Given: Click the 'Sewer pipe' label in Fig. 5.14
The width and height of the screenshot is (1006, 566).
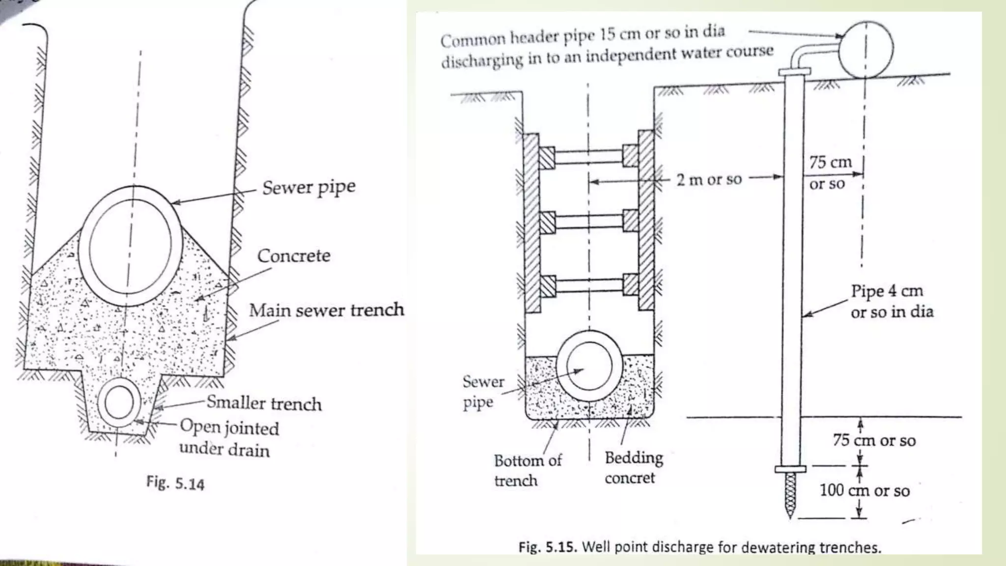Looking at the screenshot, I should click(308, 188).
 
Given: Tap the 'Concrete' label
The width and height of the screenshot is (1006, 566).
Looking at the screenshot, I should click(294, 256).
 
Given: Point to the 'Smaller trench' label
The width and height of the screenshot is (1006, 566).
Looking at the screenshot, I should click(264, 403).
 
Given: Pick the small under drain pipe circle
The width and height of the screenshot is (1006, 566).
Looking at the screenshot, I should click(118, 402).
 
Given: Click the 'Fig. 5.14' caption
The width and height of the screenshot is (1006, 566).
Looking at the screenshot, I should click(175, 483).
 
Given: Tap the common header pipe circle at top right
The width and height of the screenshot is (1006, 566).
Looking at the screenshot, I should click(866, 50).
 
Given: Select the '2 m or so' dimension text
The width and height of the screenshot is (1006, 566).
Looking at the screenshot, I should click(709, 180).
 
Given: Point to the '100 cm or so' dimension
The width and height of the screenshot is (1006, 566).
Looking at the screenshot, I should click(865, 490).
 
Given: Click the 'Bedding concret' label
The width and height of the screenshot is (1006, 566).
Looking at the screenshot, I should click(633, 468).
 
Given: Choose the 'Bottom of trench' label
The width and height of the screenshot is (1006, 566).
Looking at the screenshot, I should click(527, 471).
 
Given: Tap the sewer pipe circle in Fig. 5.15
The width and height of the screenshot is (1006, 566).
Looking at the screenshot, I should click(589, 367).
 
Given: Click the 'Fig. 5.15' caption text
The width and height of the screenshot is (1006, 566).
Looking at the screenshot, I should click(699, 547).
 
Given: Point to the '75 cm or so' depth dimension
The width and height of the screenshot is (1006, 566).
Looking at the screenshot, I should click(874, 441).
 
